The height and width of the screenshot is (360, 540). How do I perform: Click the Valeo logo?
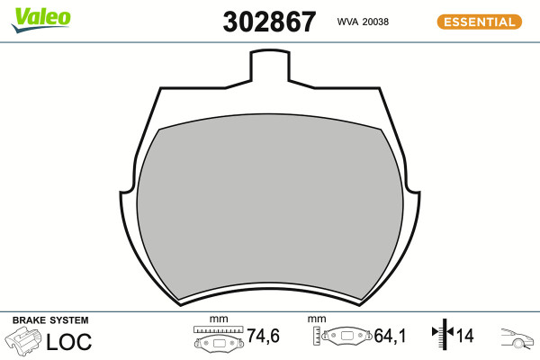pos(40,20)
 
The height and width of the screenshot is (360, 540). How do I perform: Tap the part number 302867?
pos(269,22)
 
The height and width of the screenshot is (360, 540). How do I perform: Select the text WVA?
pos(347,22)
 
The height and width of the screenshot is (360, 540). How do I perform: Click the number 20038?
pos(375,22)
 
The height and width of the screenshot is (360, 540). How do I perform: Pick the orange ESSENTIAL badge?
pos(480,22)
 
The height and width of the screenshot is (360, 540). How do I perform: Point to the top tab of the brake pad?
pos(270,66)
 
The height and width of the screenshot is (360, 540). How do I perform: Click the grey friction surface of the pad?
pos(270,207)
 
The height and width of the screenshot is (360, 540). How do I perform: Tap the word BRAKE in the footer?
pos(30,320)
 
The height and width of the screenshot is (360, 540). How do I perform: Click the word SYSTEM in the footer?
pos(69,320)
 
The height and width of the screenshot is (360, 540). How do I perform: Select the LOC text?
pos(69,342)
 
